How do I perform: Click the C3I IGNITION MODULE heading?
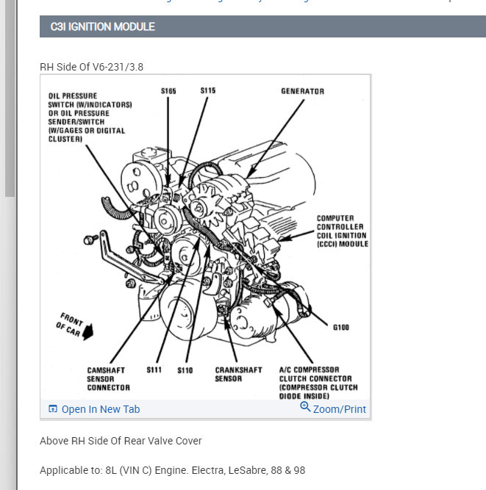click(102, 27)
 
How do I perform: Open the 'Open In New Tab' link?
click(100, 409)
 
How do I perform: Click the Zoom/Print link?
click(339, 409)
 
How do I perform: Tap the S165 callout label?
click(168, 91)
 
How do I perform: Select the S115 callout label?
click(207, 91)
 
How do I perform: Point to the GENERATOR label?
click(302, 92)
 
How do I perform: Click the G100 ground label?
click(340, 328)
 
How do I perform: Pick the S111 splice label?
click(154, 370)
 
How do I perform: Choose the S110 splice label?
click(185, 370)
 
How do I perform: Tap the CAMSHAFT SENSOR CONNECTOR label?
click(108, 379)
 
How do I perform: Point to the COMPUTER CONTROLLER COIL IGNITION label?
click(342, 231)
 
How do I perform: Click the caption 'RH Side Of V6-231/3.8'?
click(91, 67)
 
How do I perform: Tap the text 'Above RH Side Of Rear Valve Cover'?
click(121, 441)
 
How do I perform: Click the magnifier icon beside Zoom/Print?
click(305, 408)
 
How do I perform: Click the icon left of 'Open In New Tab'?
click(53, 409)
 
